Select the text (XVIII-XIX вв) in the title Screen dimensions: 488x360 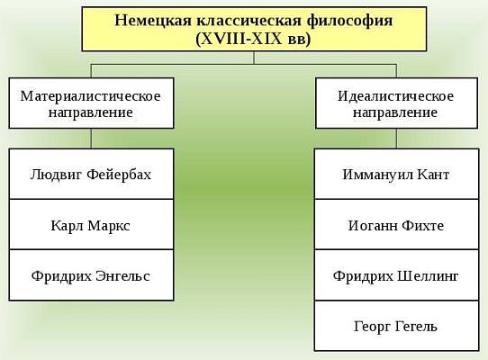[x=253, y=40]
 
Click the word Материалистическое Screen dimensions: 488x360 [x=91, y=95]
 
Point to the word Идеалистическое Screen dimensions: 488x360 [x=396, y=95]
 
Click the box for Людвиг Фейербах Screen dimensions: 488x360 [x=91, y=174]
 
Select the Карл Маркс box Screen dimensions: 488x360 [x=91, y=224]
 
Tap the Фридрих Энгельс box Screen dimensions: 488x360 [x=91, y=275]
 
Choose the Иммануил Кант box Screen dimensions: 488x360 [x=396, y=174]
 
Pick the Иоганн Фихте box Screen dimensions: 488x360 [x=396, y=224]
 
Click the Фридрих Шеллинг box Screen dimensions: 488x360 [x=396, y=275]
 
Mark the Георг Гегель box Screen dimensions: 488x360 [x=396, y=326]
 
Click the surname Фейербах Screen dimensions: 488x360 [x=119, y=175]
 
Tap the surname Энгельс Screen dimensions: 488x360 [x=122, y=276]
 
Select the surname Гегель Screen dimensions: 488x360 [x=416, y=327]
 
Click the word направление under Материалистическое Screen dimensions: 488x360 [x=91, y=112]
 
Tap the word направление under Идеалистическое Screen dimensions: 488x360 [x=395, y=112]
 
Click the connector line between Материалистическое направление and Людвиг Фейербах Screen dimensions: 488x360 [x=91, y=139]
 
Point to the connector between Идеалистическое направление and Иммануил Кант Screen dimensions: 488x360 [x=396, y=139]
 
